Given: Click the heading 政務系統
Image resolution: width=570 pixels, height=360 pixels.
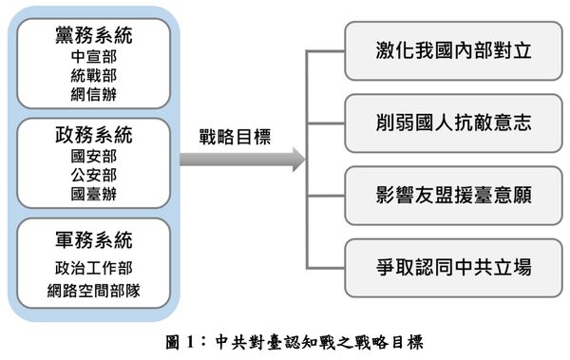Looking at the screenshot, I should click(x=92, y=134).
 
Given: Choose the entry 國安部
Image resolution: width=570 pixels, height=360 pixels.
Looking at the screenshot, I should click(x=92, y=155).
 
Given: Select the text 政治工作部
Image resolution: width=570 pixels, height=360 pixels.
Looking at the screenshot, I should click(x=92, y=268).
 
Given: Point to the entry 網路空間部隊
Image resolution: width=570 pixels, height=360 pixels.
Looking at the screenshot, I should click(x=92, y=291).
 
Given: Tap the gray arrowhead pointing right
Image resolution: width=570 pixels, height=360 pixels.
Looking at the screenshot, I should click(x=296, y=159).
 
